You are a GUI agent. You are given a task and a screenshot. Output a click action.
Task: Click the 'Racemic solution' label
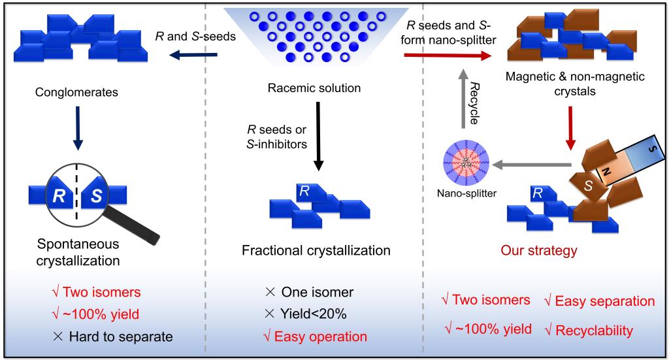click(x=314, y=88)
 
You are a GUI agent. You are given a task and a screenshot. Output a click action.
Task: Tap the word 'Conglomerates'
click(x=77, y=92)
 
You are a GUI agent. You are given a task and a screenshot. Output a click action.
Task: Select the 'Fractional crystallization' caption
click(x=316, y=250)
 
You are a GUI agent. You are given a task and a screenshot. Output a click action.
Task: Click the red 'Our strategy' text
click(x=539, y=250)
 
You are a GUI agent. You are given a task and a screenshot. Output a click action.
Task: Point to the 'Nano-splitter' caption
click(x=466, y=193)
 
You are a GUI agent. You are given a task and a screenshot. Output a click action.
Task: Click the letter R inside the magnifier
click(x=59, y=196)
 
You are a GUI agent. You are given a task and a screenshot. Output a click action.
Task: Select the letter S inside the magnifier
click(x=97, y=196)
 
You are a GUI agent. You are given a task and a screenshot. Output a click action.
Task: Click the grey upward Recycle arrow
click(x=463, y=98)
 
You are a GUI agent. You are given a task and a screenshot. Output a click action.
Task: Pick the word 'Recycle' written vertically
click(x=474, y=104)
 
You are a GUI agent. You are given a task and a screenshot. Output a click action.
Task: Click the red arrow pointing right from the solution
click(x=448, y=55)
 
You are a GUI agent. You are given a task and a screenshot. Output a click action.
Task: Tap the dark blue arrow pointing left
click(x=193, y=55)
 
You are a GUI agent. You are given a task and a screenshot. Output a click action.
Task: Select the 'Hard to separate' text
click(x=121, y=336)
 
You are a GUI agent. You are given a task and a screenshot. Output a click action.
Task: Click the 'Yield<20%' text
click(x=313, y=314)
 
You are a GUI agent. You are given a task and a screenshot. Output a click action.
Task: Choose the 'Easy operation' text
click(x=320, y=336)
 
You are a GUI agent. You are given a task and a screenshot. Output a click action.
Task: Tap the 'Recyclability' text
click(x=595, y=331)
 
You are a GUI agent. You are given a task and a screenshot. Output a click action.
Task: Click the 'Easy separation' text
click(x=604, y=301)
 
